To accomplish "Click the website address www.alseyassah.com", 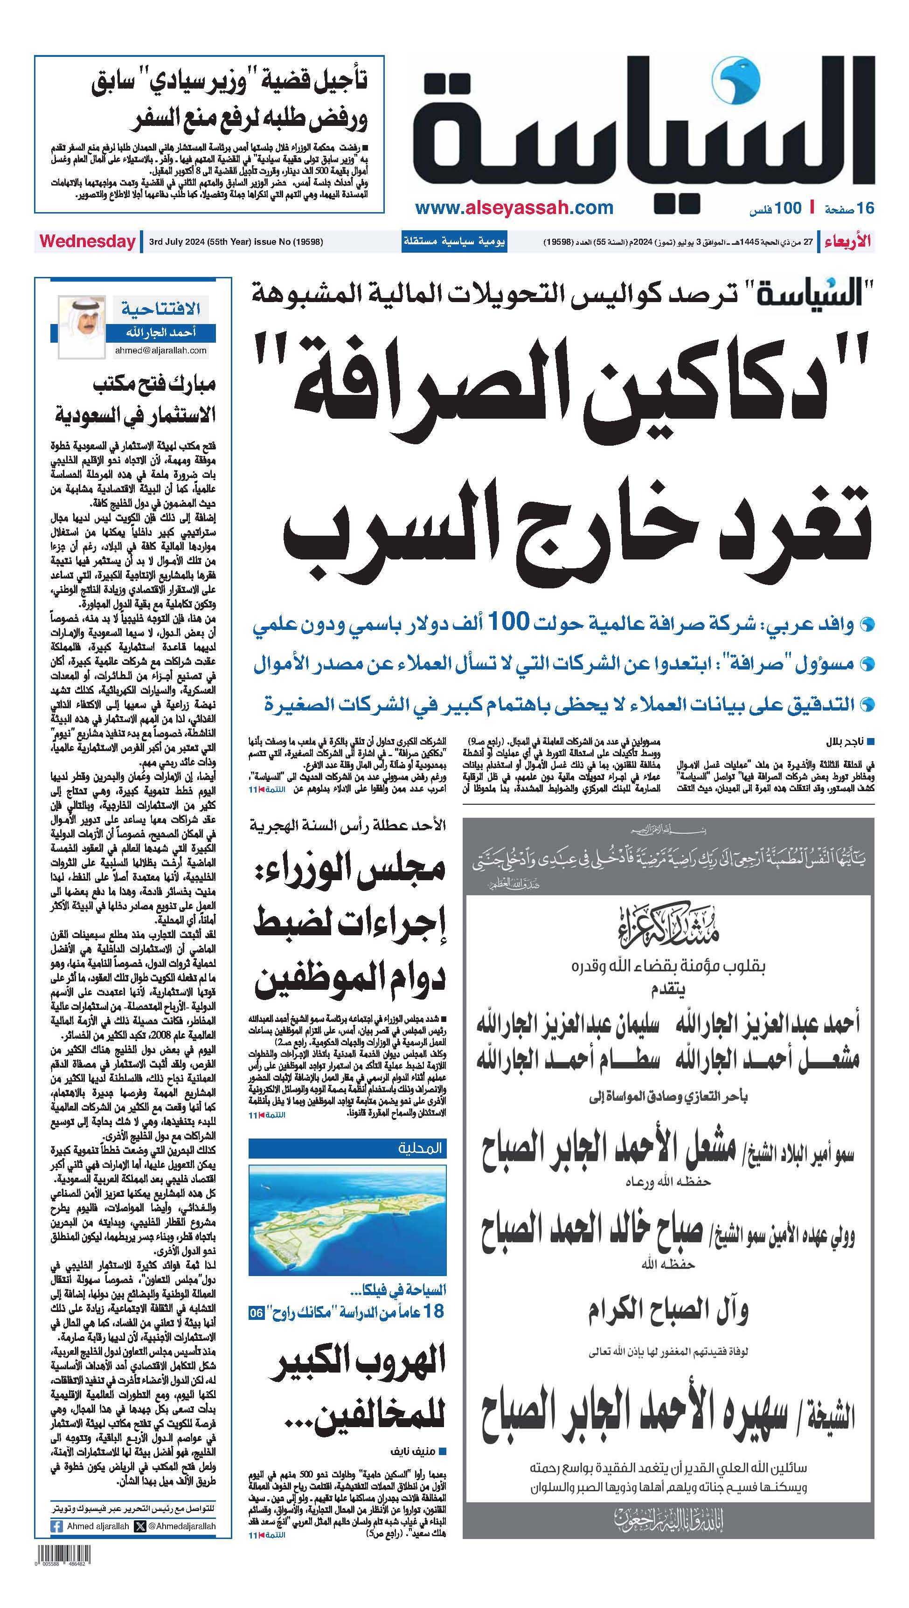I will [514, 208].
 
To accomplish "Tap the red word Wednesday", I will [87, 242].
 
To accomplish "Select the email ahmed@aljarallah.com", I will [160, 350].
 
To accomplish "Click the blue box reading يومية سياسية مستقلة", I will [454, 241].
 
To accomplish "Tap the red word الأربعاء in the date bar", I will [847, 241].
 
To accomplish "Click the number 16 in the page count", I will [865, 208].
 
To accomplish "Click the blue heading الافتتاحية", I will [161, 308].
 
